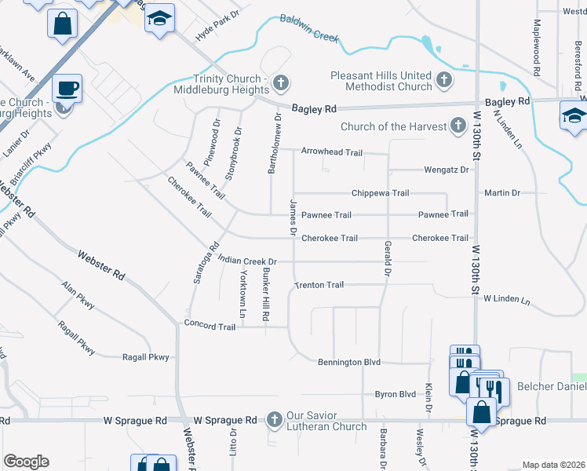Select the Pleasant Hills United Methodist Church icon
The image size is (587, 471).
(444, 79)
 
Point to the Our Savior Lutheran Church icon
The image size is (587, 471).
(275, 420)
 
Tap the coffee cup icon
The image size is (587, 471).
(67, 88)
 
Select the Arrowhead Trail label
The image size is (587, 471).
(332, 152)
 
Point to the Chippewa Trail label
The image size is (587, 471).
(381, 192)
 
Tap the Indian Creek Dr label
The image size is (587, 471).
(248, 261)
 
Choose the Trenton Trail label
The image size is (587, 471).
(319, 285)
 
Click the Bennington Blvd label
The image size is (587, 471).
(349, 362)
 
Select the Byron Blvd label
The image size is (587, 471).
(395, 394)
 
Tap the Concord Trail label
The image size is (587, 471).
(210, 325)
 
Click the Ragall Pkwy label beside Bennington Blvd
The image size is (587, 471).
(146, 357)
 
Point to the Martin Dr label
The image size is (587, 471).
(502, 192)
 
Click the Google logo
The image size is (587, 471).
(26, 462)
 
